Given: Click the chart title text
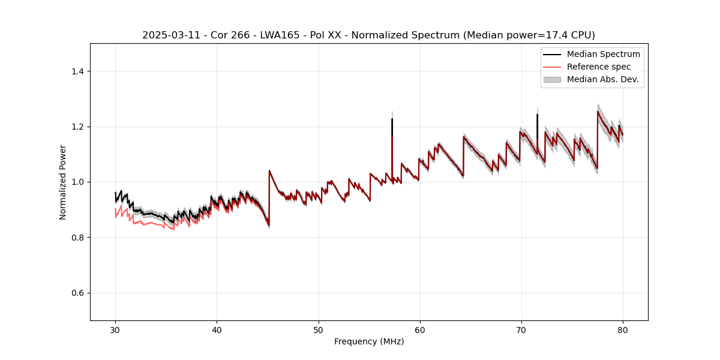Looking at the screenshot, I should tap(368, 35).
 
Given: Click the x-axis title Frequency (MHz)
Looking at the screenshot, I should tap(369, 341).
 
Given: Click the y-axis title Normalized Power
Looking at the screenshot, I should tap(63, 182).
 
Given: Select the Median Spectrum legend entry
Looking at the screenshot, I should tap(603, 54).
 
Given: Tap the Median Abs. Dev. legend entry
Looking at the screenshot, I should tap(603, 79).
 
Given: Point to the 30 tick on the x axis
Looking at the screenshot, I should tap(115, 329).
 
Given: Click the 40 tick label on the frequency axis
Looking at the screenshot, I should tap(217, 329).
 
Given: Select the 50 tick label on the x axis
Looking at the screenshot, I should tap(318, 329).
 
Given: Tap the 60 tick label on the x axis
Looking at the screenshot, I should tap(419, 329).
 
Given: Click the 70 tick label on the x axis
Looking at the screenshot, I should tap(521, 329).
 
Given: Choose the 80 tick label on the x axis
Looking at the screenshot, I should tap(622, 329).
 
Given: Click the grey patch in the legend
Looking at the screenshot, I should tap(552, 79).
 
